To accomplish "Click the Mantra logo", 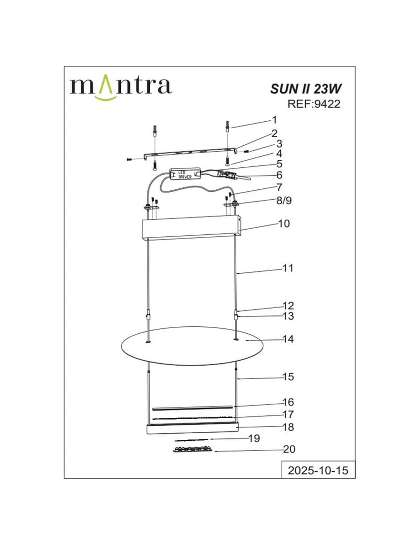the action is click(121, 88).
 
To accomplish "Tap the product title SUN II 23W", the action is click(306, 89).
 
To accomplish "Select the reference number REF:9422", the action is click(314, 104).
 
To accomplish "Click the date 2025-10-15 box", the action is click(318, 471).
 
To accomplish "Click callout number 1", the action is click(274, 120).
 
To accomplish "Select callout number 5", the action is click(279, 164).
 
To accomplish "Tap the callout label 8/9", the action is click(284, 200).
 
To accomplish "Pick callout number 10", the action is click(284, 224).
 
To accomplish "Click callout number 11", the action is click(288, 268).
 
